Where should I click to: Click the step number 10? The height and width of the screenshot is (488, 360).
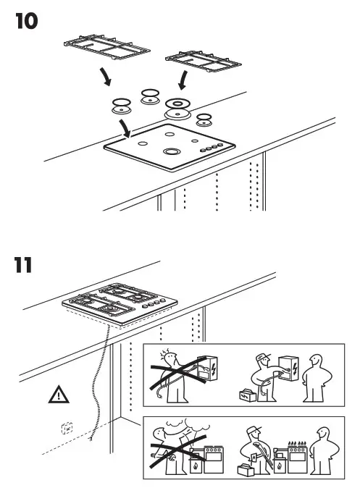(x=25, y=21)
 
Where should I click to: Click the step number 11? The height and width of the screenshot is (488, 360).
(x=24, y=265)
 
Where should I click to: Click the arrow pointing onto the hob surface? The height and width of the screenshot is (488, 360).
(x=125, y=130)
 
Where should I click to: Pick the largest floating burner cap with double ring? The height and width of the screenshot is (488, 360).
(x=177, y=108)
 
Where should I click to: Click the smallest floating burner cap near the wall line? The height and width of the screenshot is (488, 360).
(x=205, y=117)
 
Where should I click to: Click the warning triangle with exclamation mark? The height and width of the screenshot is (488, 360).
(x=56, y=395)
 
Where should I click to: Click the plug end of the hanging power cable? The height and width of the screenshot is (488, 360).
(x=90, y=437)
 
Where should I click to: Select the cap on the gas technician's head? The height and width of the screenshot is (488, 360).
(x=253, y=430)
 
